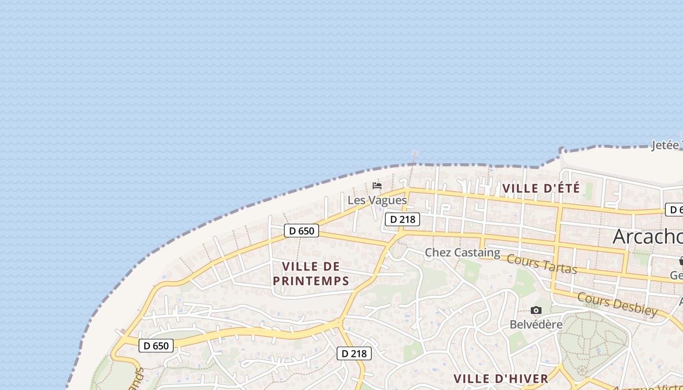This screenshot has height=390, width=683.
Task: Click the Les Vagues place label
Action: point(377,200)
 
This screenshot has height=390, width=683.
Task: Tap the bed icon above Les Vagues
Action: point(377,186)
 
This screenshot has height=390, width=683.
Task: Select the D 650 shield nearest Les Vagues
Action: point(301,231)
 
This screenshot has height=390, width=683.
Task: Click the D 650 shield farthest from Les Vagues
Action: point(156,346)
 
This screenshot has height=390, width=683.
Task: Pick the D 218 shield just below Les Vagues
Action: point(402,219)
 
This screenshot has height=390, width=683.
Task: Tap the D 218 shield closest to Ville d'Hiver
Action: point(354,353)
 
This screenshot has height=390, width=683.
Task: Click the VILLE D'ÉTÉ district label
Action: point(541,188)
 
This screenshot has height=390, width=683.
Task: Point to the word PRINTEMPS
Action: point(311,281)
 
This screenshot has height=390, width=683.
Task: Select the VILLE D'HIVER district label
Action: point(501,379)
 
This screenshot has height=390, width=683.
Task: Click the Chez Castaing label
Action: point(462,253)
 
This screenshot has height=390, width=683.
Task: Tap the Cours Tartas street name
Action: point(542,264)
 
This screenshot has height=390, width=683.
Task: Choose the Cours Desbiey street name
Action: point(617,304)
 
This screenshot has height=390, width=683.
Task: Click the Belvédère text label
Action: point(536,324)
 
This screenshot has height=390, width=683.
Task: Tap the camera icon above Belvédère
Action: point(536,311)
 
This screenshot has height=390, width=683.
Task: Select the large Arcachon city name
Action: point(647,236)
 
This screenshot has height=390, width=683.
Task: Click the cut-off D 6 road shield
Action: point(674,210)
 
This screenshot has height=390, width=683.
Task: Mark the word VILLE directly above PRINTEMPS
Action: point(311,267)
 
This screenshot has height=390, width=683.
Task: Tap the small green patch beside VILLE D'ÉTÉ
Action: point(589,191)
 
